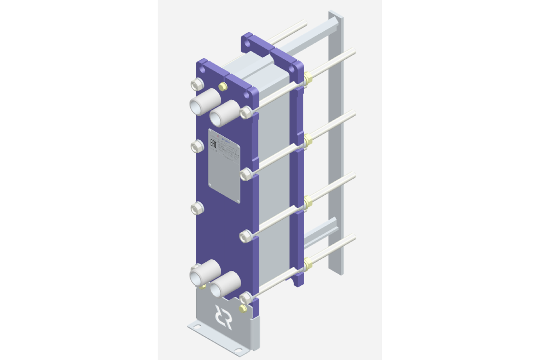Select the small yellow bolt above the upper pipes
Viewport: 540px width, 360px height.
tap(223, 86)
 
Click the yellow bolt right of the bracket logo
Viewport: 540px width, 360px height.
tap(243, 308)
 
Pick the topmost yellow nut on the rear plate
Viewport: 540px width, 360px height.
tap(308, 77)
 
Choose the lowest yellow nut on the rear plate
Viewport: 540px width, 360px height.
tap(308, 263)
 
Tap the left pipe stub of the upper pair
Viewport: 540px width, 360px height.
tap(203, 102)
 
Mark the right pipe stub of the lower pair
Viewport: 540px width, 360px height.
tap(224, 284)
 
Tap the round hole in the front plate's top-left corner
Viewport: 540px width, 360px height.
tap(202, 70)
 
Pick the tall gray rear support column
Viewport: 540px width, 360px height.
tap(336, 145)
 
